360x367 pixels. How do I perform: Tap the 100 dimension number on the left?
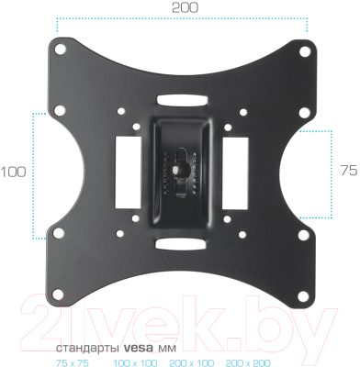13,172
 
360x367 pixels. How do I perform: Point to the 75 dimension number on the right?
348,171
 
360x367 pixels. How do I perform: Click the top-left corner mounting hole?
62,47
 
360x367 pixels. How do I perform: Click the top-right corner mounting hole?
303,47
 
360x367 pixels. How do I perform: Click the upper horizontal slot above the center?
182,96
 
